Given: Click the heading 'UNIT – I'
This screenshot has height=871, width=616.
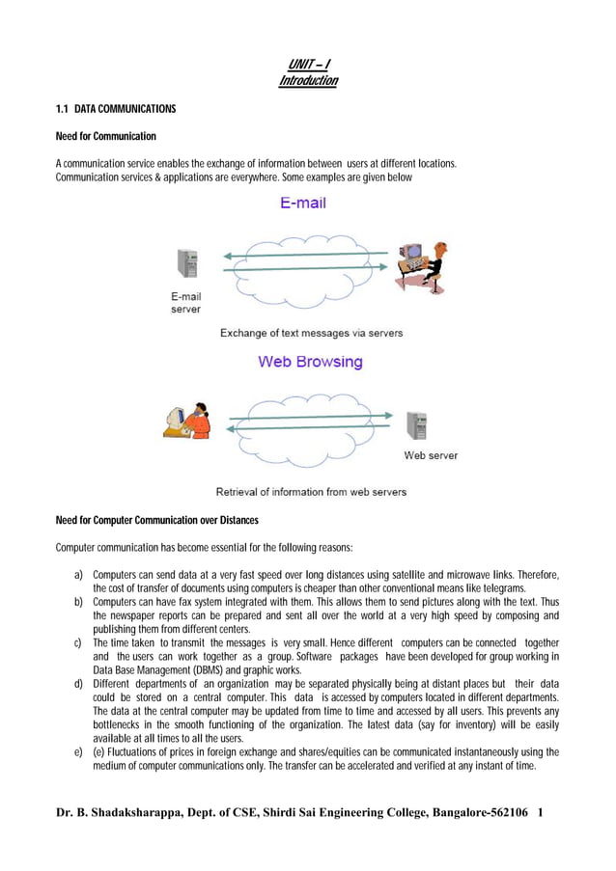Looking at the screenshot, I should click(308, 65).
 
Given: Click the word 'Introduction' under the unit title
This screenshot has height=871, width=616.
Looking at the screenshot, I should click(308, 81).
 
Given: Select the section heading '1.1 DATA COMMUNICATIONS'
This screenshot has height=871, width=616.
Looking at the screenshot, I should click(116, 109).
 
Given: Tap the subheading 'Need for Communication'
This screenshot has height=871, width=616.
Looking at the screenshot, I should click(106, 136).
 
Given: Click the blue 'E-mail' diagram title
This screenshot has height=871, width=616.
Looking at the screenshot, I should click(303, 204).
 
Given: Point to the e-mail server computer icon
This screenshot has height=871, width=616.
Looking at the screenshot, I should click(187, 263).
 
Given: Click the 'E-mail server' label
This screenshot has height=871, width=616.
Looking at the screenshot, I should click(186, 303).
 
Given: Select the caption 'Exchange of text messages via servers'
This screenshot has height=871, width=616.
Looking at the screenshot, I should click(311, 333).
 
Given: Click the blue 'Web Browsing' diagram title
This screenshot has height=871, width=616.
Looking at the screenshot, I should click(310, 362).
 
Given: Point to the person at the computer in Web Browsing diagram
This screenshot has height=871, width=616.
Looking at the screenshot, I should click(186, 420).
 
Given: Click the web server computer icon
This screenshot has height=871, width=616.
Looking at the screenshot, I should click(416, 425).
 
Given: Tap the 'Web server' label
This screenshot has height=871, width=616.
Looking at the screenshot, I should click(431, 455).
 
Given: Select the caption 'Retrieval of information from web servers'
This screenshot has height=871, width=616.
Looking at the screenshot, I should click(311, 491).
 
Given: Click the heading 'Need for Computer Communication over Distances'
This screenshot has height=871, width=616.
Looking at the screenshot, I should click(157, 521).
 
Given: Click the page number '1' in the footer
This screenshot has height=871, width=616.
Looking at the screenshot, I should click(541, 813).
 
